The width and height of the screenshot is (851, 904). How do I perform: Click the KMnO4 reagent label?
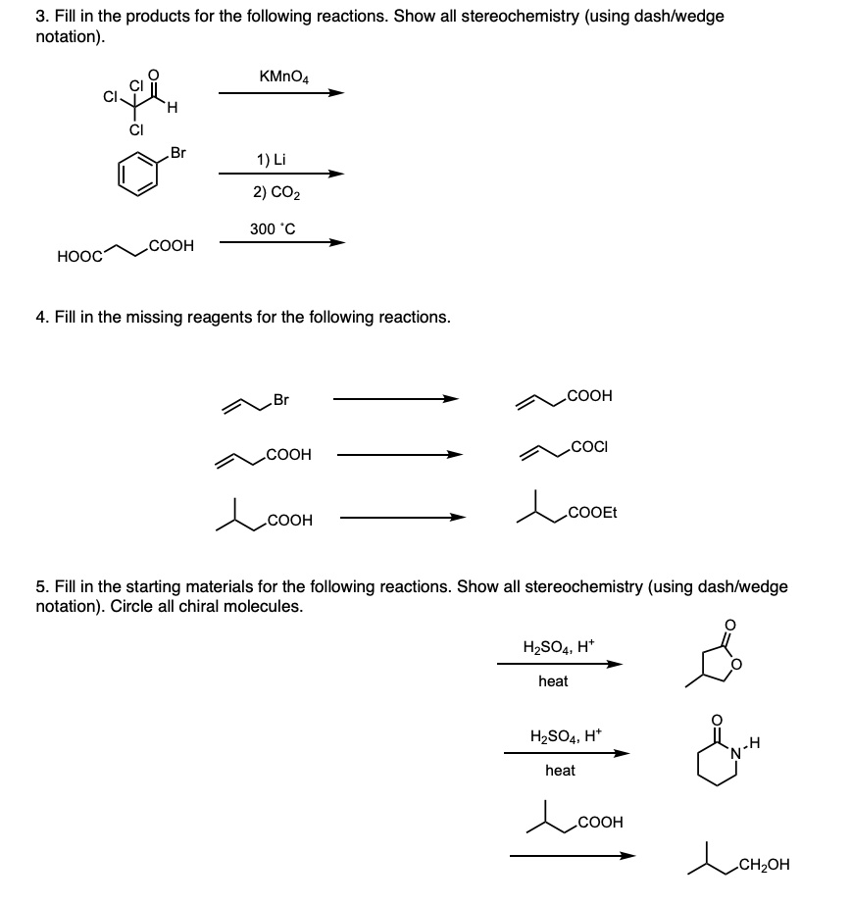pyautogui.click(x=284, y=75)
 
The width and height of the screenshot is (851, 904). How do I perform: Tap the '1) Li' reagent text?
pyautogui.click(x=270, y=159)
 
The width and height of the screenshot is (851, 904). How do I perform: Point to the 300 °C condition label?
pyautogui.click(x=273, y=229)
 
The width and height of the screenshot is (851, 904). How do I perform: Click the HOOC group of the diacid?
pyautogui.click(x=80, y=256)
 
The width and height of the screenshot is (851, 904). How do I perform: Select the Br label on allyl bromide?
pyautogui.click(x=281, y=399)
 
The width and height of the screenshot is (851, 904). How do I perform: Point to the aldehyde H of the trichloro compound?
pyautogui.click(x=173, y=109)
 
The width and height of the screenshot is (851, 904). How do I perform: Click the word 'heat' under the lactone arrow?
pyautogui.click(x=553, y=680)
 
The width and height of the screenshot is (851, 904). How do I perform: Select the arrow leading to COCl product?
pyautogui.click(x=398, y=454)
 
